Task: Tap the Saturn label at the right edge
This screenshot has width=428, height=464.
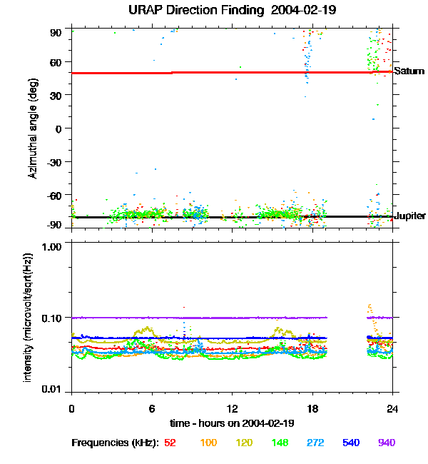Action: pyautogui.click(x=409, y=71)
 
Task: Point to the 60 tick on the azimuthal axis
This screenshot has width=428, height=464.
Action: pyautogui.click(x=57, y=62)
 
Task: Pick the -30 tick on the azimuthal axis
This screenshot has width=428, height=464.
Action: pyautogui.click(x=56, y=161)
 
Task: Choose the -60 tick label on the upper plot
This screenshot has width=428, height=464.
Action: pyautogui.click(x=56, y=195)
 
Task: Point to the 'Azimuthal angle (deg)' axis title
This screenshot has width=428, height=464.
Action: pyautogui.click(x=32, y=128)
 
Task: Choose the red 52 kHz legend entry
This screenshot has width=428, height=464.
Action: pyautogui.click(x=170, y=443)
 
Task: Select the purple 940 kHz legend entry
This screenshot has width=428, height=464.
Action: pyautogui.click(x=386, y=443)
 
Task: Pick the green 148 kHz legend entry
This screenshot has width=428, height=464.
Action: pyautogui.click(x=280, y=443)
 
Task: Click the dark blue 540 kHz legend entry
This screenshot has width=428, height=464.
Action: pyautogui.click(x=350, y=443)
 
